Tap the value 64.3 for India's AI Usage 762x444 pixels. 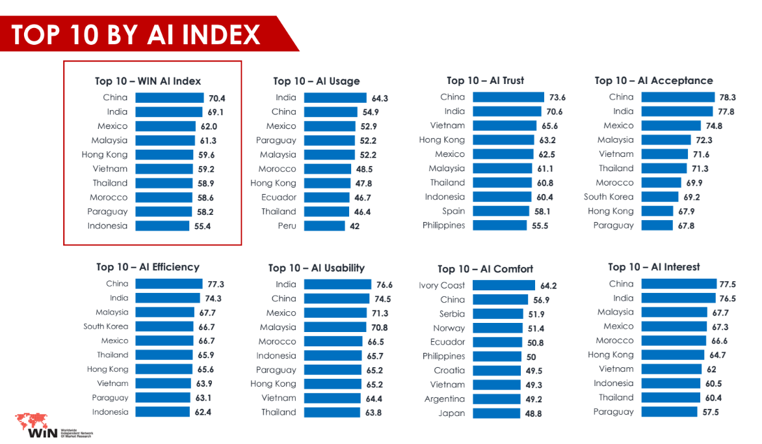point(380,98)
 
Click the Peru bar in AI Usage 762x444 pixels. point(324,226)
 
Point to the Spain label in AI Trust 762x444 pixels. point(454,211)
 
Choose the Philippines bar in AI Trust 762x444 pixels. point(499,225)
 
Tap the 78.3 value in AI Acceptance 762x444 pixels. point(728,98)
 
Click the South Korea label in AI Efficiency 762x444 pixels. point(106,326)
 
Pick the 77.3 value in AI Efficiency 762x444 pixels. point(216,284)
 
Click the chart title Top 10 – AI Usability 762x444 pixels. point(316,268)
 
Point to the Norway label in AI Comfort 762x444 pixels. point(449,328)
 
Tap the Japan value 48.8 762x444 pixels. point(534,413)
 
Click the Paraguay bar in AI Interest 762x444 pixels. point(667,411)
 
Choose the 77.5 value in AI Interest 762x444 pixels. point(728,284)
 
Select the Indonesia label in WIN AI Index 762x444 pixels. point(107,226)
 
